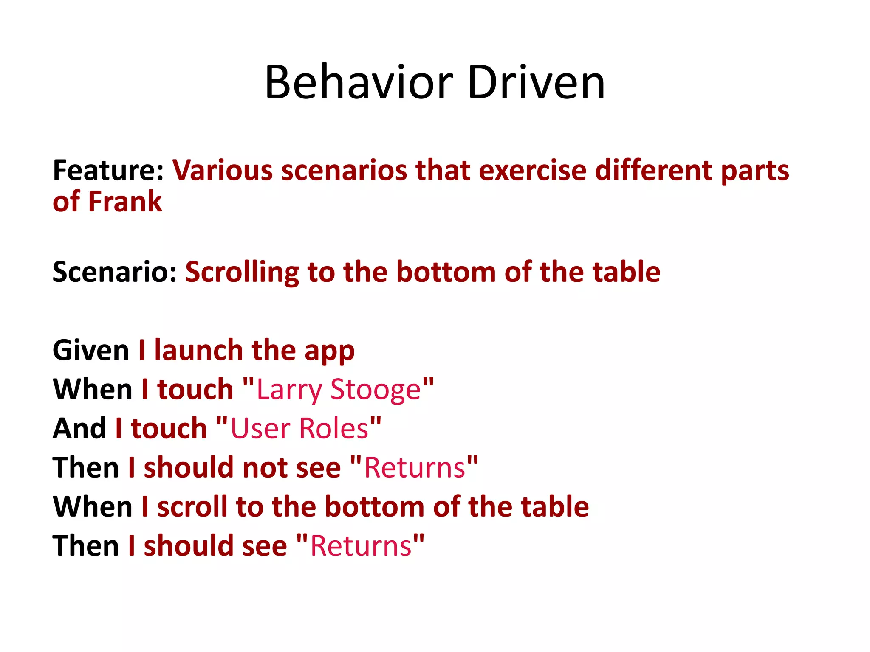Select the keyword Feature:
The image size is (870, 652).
point(108,170)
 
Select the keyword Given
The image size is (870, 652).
point(91,351)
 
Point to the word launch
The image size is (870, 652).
point(199,351)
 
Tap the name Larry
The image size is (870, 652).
point(289,390)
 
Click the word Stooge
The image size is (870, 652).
point(376,390)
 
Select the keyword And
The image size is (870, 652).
point(79,428)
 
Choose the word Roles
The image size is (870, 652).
point(333,428)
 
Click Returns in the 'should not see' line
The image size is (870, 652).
point(415,468)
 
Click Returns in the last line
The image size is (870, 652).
point(361,546)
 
